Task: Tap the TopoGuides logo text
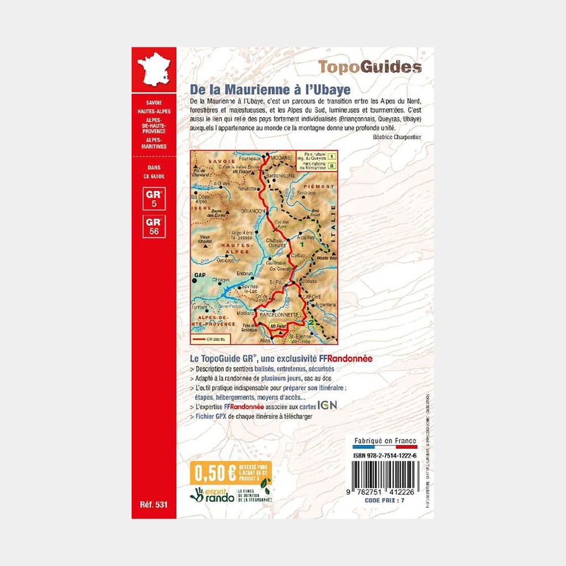[370, 67]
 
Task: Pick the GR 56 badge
[153, 227]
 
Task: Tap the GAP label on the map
[200, 275]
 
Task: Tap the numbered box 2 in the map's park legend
[332, 165]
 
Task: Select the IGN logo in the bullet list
[326, 405]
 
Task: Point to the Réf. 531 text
[153, 505]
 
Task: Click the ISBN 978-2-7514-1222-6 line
[385, 455]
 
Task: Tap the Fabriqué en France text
[385, 441]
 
